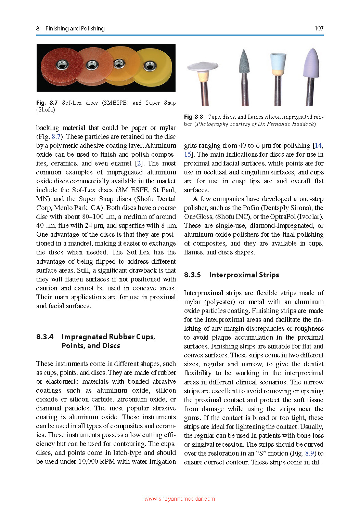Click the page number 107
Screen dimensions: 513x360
(319, 28)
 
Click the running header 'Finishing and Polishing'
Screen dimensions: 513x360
(75, 28)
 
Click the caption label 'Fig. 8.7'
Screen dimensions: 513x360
(47, 103)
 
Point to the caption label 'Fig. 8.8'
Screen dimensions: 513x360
(194, 117)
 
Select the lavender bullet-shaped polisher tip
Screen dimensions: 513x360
(311, 63)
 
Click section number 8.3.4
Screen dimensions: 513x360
(45, 337)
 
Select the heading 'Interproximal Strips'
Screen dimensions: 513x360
(244, 275)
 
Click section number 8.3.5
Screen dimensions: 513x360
(192, 275)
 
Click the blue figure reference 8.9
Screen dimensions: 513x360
(309, 453)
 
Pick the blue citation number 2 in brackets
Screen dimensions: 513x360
(139, 163)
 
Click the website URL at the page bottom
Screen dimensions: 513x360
(180, 499)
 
